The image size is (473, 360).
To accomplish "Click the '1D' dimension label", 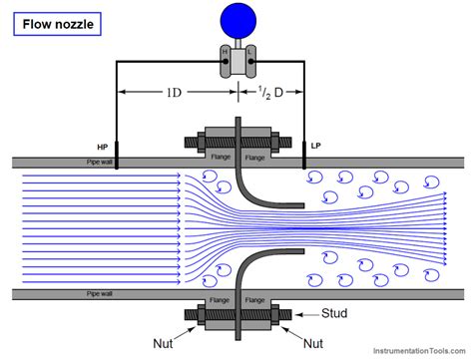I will pos(176,96).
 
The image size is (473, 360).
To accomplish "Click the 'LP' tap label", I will pos(315,145).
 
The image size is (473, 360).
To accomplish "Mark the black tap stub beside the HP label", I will pos(118,156).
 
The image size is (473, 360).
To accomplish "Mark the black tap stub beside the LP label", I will pos(304,156).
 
